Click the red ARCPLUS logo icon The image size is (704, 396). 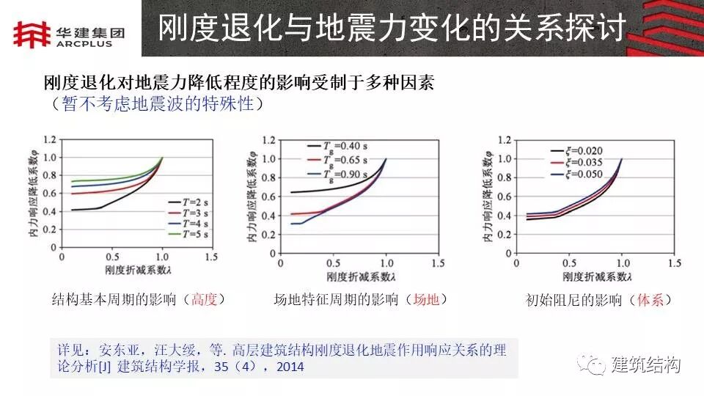(x=30, y=32)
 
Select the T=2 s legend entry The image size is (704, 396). (x=188, y=200)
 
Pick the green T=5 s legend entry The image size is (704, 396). (x=188, y=234)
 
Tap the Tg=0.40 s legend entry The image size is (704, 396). (x=340, y=145)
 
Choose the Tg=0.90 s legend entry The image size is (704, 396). (x=340, y=174)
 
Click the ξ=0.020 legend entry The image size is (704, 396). (x=576, y=150)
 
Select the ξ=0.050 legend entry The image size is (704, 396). (x=576, y=175)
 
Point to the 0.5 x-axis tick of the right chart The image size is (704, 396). (x=570, y=262)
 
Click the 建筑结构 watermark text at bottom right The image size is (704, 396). (x=645, y=364)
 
